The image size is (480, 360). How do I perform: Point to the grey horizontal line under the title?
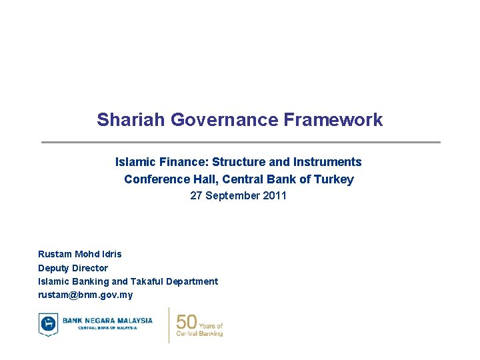pyautogui.click(x=241, y=142)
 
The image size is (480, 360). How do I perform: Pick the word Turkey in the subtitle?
pyautogui.click(x=335, y=179)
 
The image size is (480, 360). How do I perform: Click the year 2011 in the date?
pyautogui.click(x=275, y=196)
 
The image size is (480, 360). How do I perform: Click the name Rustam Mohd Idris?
pyautogui.click(x=80, y=254)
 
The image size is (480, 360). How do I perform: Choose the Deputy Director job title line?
pyautogui.click(x=73, y=268)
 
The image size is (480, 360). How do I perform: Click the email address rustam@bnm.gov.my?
pyautogui.click(x=85, y=295)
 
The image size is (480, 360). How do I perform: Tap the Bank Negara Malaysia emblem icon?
pyautogui.click(x=48, y=324)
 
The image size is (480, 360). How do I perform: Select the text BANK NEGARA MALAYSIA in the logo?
pyautogui.click(x=107, y=321)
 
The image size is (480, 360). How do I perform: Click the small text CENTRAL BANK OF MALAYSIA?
pyautogui.click(x=107, y=328)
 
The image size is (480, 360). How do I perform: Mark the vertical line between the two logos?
pyautogui.click(x=169, y=325)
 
